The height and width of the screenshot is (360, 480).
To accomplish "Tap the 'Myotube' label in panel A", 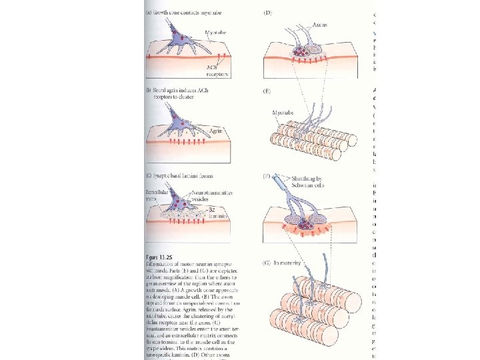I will [214, 31].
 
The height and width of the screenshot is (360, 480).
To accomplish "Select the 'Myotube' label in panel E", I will [283, 114].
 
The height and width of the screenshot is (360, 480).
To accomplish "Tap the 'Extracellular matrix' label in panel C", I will [159, 195].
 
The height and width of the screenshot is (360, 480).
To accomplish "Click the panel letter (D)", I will [268, 13].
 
